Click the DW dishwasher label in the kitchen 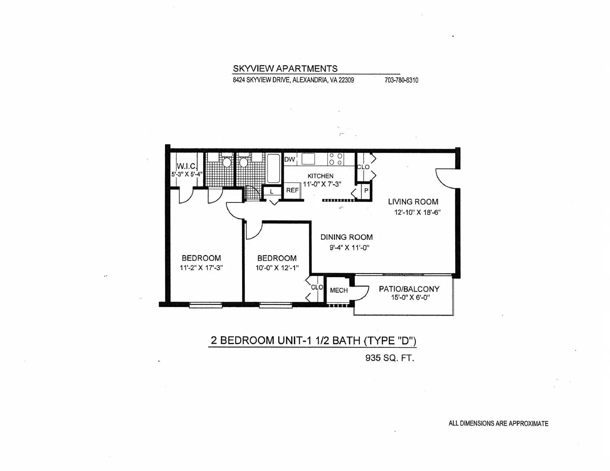(x=289, y=159)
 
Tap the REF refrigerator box (x=292, y=191)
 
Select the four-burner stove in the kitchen (x=336, y=159)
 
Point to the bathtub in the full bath (x=273, y=168)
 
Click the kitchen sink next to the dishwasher (x=308, y=159)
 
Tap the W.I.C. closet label (x=187, y=166)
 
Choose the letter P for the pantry (x=366, y=191)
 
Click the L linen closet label (x=271, y=192)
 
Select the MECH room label (x=339, y=290)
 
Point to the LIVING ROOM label (x=413, y=202)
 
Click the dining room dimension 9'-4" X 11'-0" (x=349, y=248)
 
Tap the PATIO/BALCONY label (x=409, y=289)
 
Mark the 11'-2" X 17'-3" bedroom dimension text (x=201, y=268)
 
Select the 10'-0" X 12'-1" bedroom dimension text (x=277, y=268)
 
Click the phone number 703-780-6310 (x=401, y=80)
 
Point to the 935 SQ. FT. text (x=390, y=358)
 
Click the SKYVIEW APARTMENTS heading (x=285, y=69)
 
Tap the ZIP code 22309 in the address (x=346, y=80)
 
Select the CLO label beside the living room (x=363, y=167)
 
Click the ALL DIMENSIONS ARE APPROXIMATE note (x=498, y=423)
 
